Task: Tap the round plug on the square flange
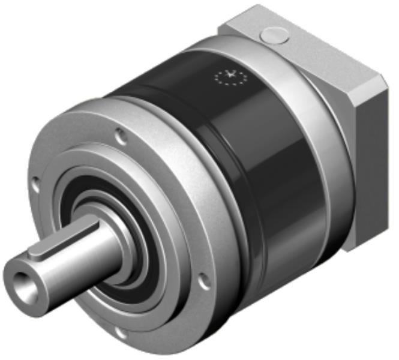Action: [275, 36]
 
